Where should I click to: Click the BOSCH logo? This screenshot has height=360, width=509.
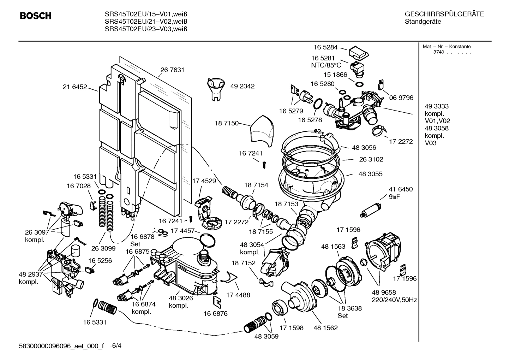[36, 16]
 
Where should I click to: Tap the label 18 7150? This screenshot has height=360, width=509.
[226, 123]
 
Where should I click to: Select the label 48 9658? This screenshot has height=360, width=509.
[384, 293]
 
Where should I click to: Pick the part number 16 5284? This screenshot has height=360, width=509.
[325, 47]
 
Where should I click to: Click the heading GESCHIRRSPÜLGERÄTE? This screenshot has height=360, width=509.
[444, 14]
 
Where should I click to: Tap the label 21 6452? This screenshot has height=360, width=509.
[75, 87]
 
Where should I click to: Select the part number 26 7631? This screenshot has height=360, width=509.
[173, 70]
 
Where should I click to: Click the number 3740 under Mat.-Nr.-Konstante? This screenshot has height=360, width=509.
[439, 52]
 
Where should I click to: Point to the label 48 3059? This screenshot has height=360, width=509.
[266, 336]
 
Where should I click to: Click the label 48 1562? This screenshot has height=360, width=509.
[325, 328]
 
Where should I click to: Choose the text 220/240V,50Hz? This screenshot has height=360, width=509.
[394, 300]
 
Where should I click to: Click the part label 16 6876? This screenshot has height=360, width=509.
[215, 313]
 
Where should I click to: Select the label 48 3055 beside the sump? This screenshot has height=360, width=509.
[370, 174]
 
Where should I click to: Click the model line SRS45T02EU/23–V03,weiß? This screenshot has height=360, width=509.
[146, 29]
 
